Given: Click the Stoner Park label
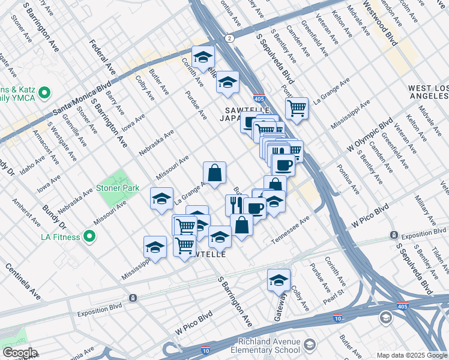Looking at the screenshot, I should pyautogui.click(x=119, y=188).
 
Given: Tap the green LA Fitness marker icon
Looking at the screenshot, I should pyautogui.click(x=89, y=237).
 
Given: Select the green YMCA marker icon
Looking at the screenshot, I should pyautogui.click(x=44, y=94).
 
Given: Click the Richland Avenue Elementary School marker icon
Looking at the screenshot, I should pyautogui.click(x=309, y=345).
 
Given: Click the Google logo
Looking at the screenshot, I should pyautogui.click(x=20, y=353).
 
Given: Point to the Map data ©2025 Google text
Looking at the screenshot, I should pyautogui.click(x=411, y=355).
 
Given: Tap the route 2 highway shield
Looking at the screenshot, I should pyautogui.click(x=229, y=38).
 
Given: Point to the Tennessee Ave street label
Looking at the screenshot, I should pyautogui.click(x=290, y=230).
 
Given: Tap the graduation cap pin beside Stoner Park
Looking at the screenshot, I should pyautogui.click(x=161, y=199).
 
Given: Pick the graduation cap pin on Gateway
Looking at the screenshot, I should pyautogui.click(x=279, y=280).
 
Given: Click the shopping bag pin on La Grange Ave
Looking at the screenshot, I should pyautogui.click(x=214, y=173).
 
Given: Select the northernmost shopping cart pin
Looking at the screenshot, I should pyautogui.click(x=297, y=109).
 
